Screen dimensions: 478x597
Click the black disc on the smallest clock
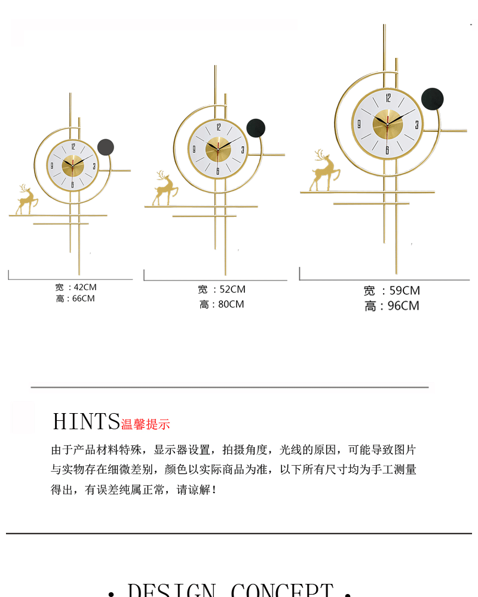pyautogui.click(x=105, y=147)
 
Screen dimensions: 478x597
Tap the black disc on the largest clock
pyautogui.click(x=432, y=99)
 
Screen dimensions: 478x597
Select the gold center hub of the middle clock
pyautogui.click(x=218, y=149)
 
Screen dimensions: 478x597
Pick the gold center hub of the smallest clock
pyautogui.click(x=73, y=165)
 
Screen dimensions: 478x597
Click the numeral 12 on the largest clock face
pyautogui.click(x=388, y=99)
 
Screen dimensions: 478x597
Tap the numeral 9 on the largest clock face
pyautogui.click(x=359, y=125)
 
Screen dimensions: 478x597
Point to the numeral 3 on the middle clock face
pyautogui.click(x=242, y=150)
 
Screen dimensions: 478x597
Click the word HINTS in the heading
pyautogui.click(x=86, y=421)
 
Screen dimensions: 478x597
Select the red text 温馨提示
pyautogui.click(x=146, y=424)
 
